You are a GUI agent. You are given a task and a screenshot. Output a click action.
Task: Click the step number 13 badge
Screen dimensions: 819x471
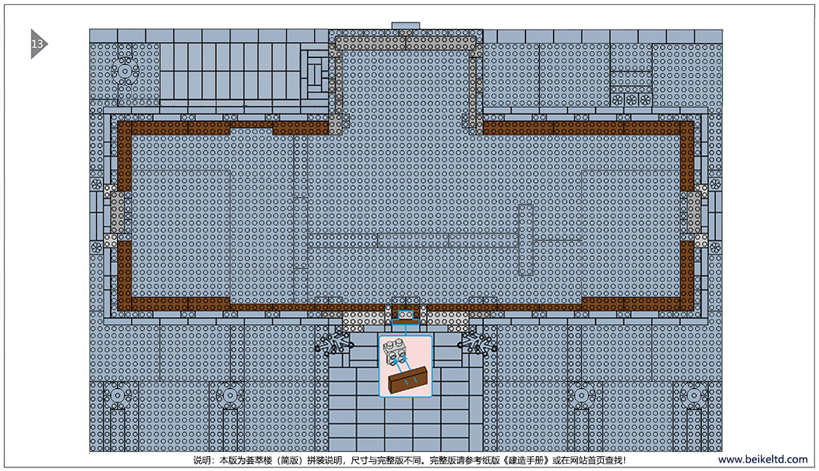pyautogui.click(x=38, y=44)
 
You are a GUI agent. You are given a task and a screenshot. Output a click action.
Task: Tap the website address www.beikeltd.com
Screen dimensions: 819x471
pyautogui.click(x=762, y=460)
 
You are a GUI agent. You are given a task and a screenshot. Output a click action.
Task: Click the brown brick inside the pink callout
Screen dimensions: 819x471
pyautogui.click(x=408, y=380)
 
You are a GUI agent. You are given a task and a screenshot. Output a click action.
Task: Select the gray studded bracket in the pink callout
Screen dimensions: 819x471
pyautogui.click(x=394, y=351)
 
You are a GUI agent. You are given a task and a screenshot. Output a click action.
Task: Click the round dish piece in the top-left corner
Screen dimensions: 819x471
pyautogui.click(x=125, y=71)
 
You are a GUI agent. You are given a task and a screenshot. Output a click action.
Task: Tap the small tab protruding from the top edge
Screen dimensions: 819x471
pyautogui.click(x=406, y=26)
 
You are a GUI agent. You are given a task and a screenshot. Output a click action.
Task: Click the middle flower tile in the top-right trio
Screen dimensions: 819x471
pyautogui.click(x=631, y=100)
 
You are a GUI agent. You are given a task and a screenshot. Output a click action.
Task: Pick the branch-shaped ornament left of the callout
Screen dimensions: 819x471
pyautogui.click(x=334, y=343)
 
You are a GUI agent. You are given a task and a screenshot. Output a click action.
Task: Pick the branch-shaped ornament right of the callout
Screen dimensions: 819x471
pyautogui.click(x=477, y=343)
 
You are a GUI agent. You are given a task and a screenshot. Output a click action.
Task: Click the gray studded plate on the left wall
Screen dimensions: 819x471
pyautogui.click(x=118, y=212)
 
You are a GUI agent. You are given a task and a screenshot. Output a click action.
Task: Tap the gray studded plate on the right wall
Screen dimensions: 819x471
pyautogui.click(x=694, y=212)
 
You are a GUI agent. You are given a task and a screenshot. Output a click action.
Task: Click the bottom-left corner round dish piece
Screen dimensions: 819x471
pyautogui.click(x=118, y=395)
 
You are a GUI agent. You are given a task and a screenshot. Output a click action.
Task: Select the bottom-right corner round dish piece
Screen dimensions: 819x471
pyautogui.click(x=694, y=395)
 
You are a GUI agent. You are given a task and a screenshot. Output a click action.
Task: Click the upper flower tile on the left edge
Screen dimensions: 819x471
pyautogui.click(x=97, y=184)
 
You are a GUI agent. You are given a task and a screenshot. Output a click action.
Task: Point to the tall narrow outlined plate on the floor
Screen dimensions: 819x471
pyautogui.click(x=525, y=240)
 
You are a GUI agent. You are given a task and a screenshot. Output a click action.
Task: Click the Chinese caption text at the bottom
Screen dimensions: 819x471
pyautogui.click(x=409, y=460)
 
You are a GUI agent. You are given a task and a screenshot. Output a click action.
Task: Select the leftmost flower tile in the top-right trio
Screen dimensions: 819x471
pyautogui.click(x=617, y=100)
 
